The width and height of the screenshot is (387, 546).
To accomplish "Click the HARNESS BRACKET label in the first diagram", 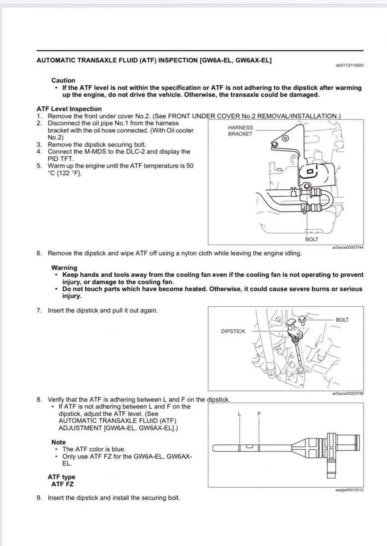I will point(240,131).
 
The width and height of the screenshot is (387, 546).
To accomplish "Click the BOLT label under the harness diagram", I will point(311,239).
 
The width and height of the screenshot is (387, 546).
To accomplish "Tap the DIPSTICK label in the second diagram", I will point(233,331).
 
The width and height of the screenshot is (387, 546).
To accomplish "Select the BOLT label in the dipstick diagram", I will point(342,319).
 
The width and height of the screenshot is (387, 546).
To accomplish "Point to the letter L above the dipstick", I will point(240,414).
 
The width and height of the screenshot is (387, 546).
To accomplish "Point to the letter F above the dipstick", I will point(259,414).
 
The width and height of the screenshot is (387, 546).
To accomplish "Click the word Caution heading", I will point(63,80).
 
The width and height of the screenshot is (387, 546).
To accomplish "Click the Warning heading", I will point(64,267).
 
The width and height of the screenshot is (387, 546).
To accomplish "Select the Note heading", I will point(59,442).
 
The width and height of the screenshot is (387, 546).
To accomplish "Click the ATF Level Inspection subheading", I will point(69,109).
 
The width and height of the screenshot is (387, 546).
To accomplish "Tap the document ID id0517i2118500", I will point(349,65).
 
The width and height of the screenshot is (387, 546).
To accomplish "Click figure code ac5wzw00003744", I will point(347,248).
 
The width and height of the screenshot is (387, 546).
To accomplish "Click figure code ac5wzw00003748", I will point(347,393).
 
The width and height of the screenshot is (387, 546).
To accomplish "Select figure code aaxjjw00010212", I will point(349,490).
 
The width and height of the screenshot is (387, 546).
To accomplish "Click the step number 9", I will point(39,498).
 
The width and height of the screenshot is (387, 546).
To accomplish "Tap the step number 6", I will point(39,253).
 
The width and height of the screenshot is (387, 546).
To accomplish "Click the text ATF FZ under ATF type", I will point(62,484).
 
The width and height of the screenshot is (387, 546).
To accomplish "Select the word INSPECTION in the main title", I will point(177,60).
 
